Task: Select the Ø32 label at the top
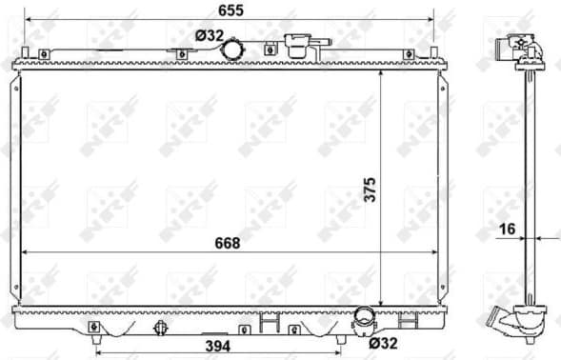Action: click(209, 35)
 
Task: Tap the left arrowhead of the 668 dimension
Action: click(23, 251)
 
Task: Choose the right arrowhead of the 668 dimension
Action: click(444, 251)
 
